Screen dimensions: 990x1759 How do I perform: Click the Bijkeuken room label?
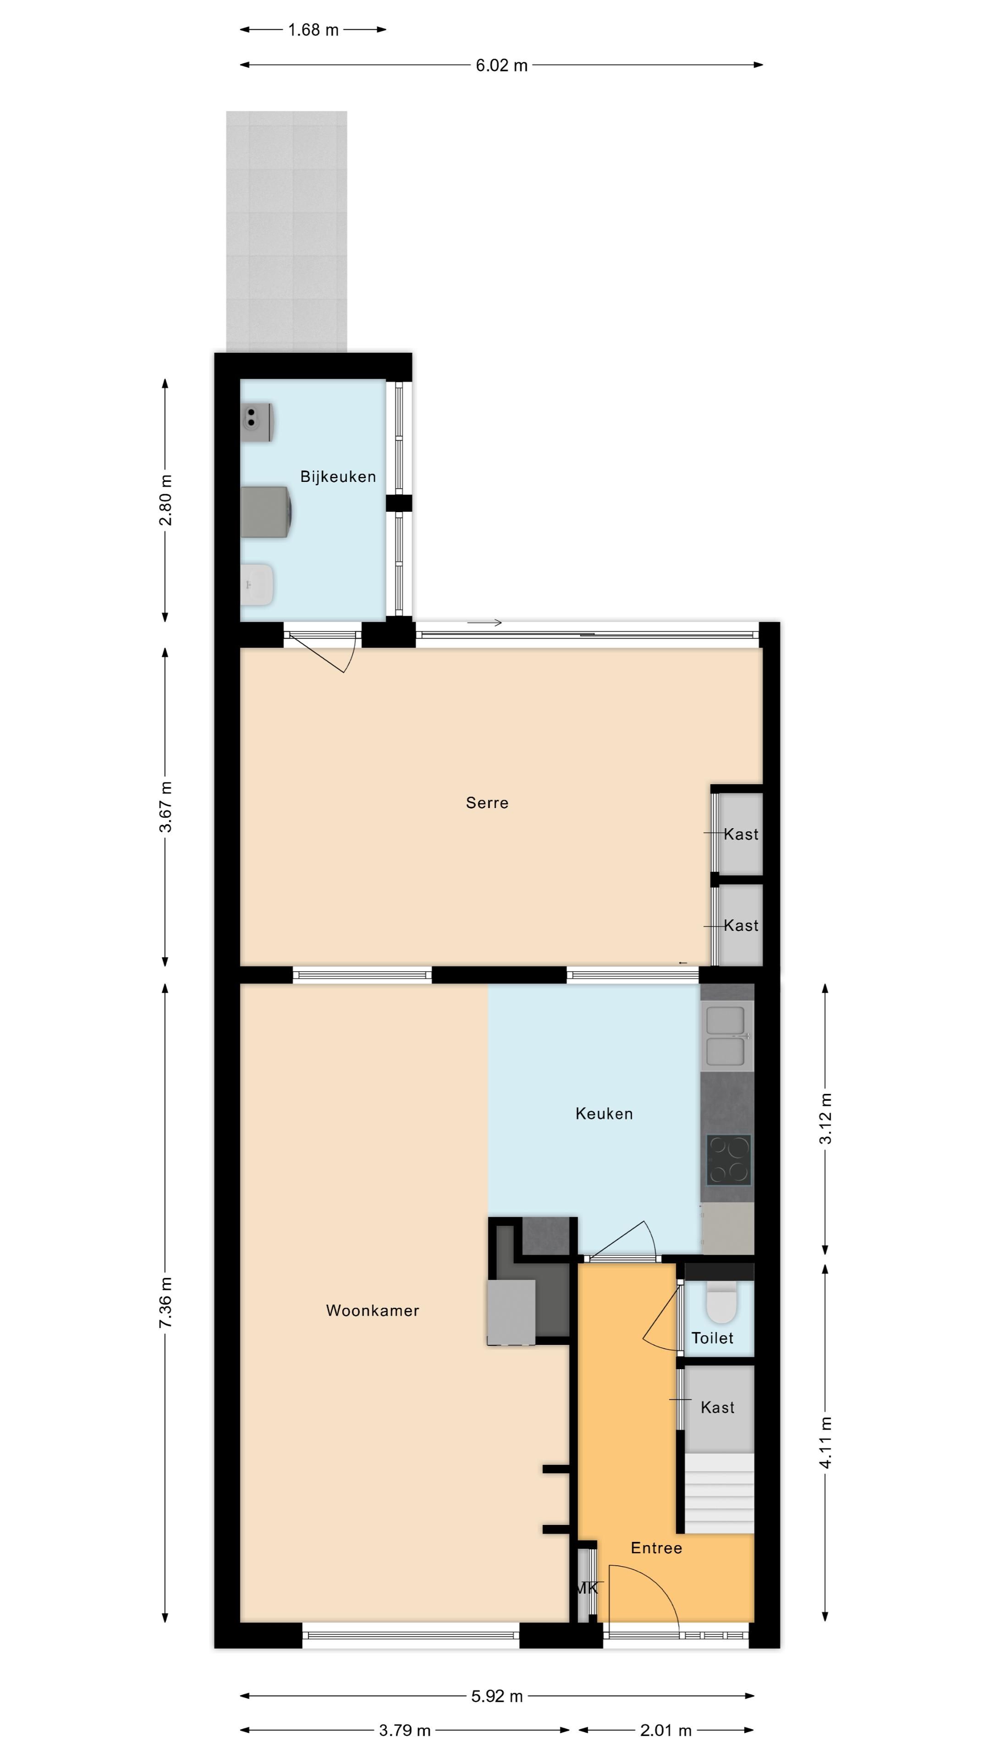point(338,476)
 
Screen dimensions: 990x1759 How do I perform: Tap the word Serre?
point(487,803)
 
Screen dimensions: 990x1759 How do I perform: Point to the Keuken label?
point(604,1113)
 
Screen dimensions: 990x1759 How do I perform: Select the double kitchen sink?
point(726,1035)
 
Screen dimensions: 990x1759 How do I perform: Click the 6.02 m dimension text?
point(501,66)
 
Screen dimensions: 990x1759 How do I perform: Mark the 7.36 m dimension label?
point(165,1302)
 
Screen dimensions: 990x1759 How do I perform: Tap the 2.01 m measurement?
point(665,1725)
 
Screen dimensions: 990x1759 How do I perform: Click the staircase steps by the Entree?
point(719,1493)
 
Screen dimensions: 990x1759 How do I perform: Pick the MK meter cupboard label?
point(586,1588)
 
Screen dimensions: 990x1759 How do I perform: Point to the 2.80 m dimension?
point(165,500)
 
